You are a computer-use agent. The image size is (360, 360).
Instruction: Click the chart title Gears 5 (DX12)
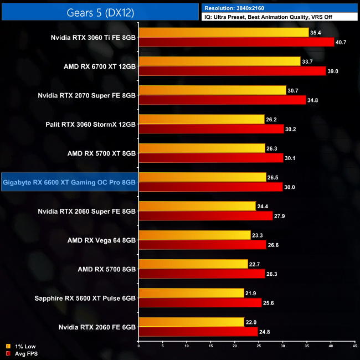(100, 12)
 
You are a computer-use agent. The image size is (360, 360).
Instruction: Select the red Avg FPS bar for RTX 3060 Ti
(236, 42)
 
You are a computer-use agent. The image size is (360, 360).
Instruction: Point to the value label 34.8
(315, 100)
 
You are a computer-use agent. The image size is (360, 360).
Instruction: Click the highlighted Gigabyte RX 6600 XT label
(69, 182)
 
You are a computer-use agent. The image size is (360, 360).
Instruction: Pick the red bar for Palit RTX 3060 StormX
(211, 129)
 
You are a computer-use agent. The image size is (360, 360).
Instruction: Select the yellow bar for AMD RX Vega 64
(195, 235)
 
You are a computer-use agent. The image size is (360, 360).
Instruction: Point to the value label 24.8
(266, 331)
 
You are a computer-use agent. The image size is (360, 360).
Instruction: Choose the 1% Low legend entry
(23, 347)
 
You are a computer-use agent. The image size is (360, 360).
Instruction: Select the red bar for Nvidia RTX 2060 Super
(206, 215)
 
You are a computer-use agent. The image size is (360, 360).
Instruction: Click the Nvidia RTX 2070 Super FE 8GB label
(87, 95)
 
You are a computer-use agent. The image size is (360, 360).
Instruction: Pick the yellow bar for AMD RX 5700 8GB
(193, 264)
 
